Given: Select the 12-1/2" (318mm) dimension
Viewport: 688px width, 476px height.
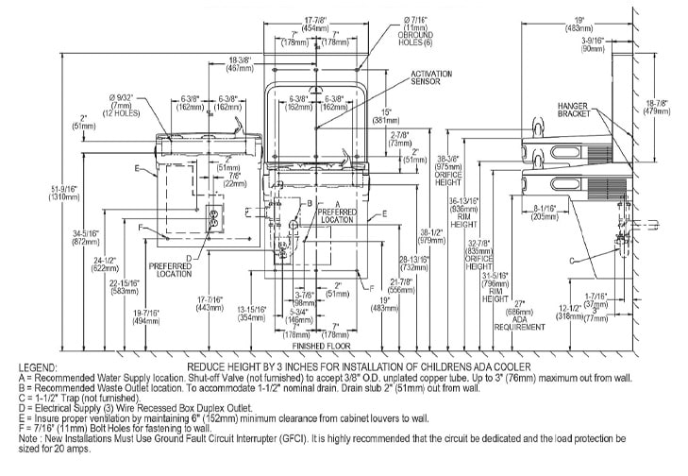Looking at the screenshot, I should (x=569, y=311).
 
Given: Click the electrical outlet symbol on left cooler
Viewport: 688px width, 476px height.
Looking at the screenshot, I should (x=214, y=218).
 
